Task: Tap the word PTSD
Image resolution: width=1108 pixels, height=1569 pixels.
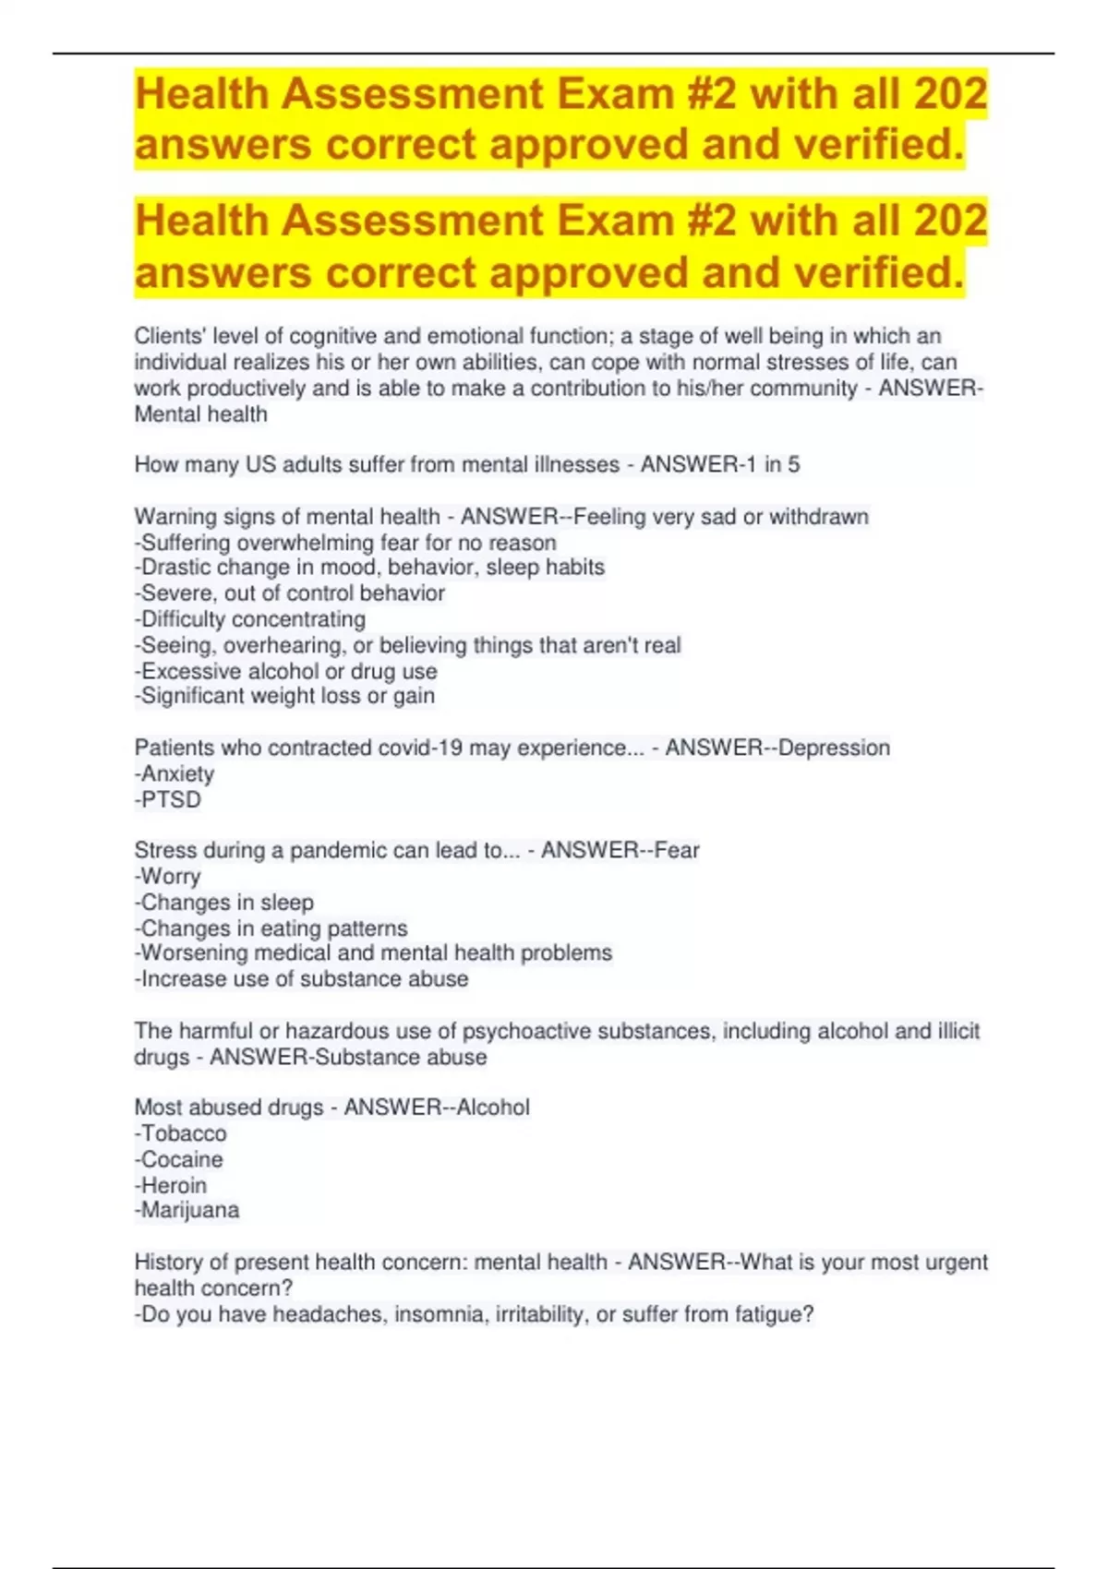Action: tap(171, 799)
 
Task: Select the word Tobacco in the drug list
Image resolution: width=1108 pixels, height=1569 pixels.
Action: tap(184, 1133)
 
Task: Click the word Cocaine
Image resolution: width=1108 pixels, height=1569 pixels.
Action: tap(182, 1159)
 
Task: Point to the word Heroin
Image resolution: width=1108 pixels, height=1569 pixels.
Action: tap(174, 1185)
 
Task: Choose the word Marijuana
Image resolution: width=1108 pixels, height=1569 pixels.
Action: tap(189, 1210)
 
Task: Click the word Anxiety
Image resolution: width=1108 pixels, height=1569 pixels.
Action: tap(177, 773)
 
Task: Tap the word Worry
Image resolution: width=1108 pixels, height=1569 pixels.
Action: tap(171, 876)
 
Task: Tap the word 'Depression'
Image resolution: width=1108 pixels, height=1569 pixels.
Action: tap(834, 748)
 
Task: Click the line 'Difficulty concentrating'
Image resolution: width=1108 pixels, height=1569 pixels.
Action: tap(250, 618)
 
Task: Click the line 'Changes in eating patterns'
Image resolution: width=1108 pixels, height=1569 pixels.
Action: tap(271, 928)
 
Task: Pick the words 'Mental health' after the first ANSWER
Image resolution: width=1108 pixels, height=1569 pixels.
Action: tap(200, 414)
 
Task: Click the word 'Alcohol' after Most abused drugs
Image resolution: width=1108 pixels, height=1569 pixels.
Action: tap(493, 1108)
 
